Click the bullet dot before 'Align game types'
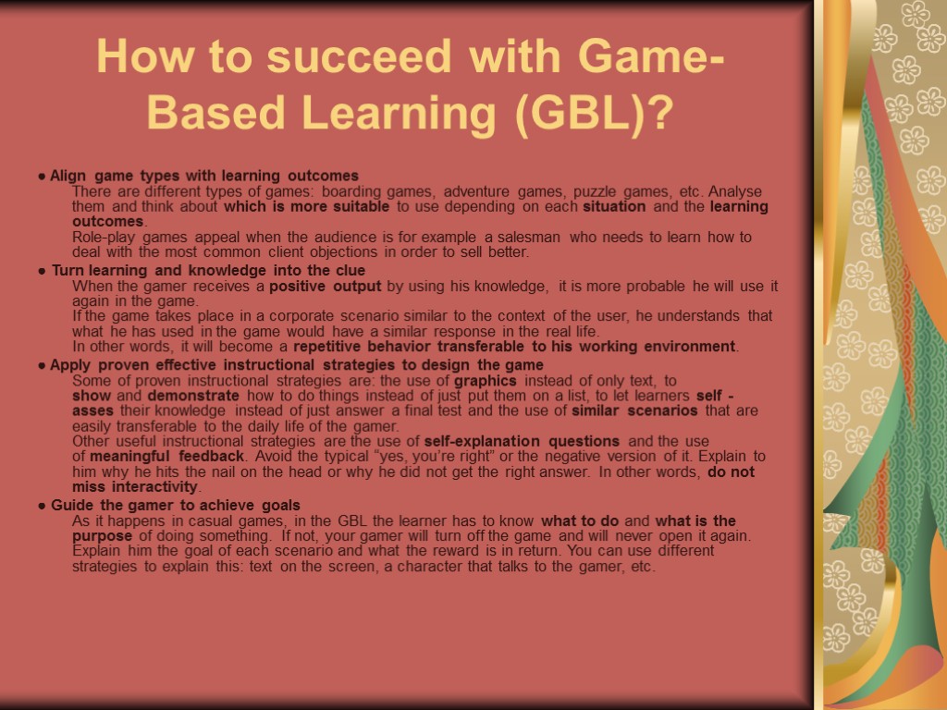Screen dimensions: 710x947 (x=43, y=176)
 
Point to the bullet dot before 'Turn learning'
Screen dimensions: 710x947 (x=43, y=271)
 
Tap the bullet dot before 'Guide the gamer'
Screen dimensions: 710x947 (x=43, y=506)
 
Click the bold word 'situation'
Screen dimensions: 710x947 (x=614, y=206)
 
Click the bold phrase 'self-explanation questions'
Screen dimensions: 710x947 (x=523, y=441)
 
